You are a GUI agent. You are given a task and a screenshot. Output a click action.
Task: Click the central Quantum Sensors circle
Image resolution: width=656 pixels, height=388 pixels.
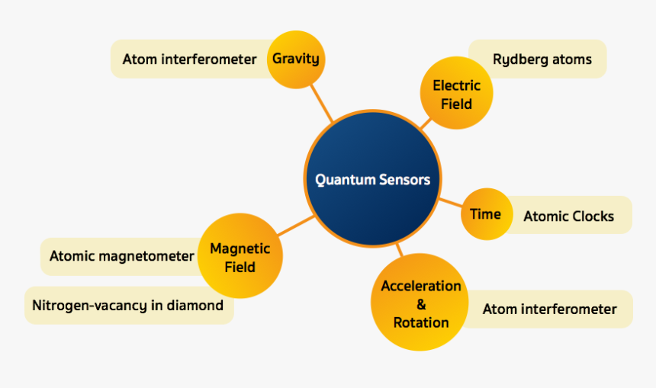(373, 180)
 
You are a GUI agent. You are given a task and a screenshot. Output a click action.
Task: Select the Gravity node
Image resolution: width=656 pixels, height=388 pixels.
(296, 59)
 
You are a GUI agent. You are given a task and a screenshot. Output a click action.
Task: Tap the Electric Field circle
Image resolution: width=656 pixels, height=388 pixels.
(456, 95)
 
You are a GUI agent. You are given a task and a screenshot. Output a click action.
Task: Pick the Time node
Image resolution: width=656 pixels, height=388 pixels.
(485, 214)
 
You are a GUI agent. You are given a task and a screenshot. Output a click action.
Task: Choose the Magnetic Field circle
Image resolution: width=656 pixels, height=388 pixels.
(240, 258)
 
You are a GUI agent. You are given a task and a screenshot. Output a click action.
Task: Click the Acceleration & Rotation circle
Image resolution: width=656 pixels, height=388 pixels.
(420, 303)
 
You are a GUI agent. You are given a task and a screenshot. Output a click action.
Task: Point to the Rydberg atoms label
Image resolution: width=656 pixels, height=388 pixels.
(542, 59)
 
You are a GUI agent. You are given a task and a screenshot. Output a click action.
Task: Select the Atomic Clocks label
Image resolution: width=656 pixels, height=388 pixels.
(568, 216)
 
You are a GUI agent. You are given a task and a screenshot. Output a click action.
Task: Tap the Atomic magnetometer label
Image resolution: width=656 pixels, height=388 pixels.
(121, 256)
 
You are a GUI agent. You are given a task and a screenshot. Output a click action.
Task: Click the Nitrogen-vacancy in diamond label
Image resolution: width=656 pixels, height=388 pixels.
(127, 306)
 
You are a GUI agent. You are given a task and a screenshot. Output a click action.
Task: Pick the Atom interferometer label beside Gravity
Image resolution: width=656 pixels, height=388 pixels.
(189, 59)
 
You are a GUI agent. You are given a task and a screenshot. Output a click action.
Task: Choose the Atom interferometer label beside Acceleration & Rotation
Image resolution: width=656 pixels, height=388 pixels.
(549, 309)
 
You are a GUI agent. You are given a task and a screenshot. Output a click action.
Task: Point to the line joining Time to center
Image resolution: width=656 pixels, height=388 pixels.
(450, 204)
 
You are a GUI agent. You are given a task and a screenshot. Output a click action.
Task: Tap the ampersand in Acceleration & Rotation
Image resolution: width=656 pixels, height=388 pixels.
(421, 304)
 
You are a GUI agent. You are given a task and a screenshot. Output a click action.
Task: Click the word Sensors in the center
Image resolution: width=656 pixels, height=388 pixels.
(404, 180)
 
